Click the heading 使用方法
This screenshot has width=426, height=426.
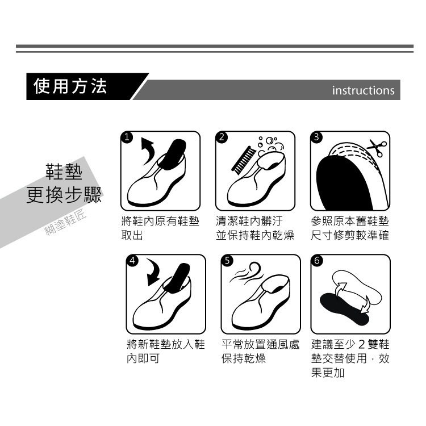coord(70,86)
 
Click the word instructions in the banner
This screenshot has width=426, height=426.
coord(363,91)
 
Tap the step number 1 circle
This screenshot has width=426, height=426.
coord(128,137)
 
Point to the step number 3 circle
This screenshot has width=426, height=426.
coord(316,137)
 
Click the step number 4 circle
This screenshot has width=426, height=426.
coord(132,261)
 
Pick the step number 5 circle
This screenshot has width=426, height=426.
coord(227,261)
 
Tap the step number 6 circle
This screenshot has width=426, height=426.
coord(317,261)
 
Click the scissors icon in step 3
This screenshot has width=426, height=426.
coord(376,148)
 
